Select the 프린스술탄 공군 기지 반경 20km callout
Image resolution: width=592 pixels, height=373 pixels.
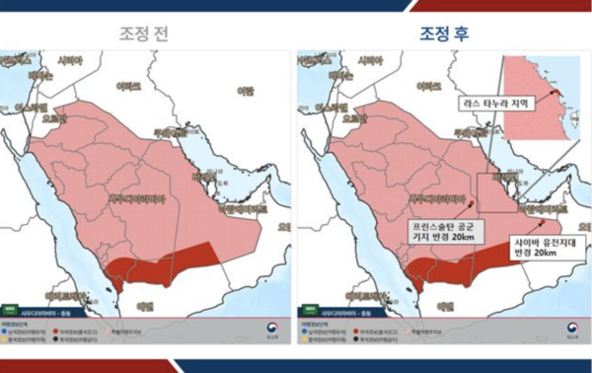[445, 230]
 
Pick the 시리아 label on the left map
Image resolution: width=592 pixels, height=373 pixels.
[69, 61]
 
